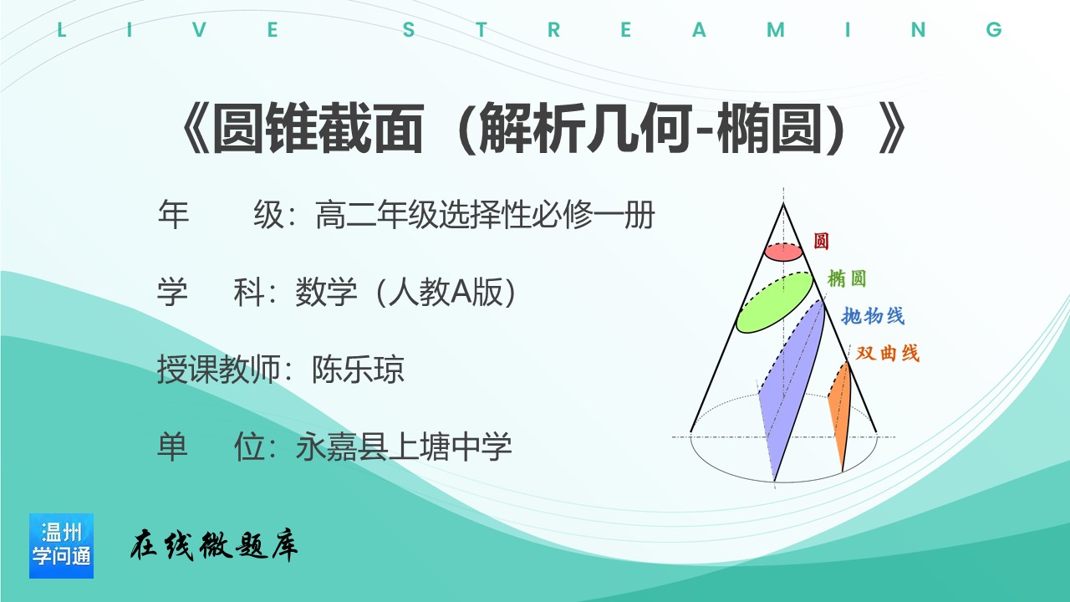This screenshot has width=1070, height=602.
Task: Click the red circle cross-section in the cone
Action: [x=784, y=253]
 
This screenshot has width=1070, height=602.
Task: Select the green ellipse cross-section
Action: [x=774, y=302]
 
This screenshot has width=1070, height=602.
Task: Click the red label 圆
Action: [x=821, y=241]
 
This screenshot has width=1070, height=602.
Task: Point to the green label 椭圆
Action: [x=847, y=278]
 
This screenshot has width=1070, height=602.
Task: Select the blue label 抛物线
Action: [x=873, y=316]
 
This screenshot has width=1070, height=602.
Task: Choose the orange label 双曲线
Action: [x=888, y=353]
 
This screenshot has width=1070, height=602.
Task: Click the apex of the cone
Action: [x=783, y=204]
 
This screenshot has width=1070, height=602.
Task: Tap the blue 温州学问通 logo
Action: [x=61, y=546]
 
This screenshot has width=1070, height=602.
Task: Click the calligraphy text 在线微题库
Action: [x=214, y=544]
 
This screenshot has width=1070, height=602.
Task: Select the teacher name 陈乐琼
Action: [x=358, y=370]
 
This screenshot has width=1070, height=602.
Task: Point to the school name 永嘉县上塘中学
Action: [x=404, y=446]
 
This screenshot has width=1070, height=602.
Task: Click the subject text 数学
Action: [x=326, y=292]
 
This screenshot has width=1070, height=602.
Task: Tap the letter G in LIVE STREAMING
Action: [x=994, y=29]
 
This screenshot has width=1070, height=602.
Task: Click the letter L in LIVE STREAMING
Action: [x=61, y=29]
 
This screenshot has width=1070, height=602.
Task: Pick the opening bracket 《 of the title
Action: [x=195, y=128]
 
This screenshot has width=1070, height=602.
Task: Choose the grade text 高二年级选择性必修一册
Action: [x=485, y=215]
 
